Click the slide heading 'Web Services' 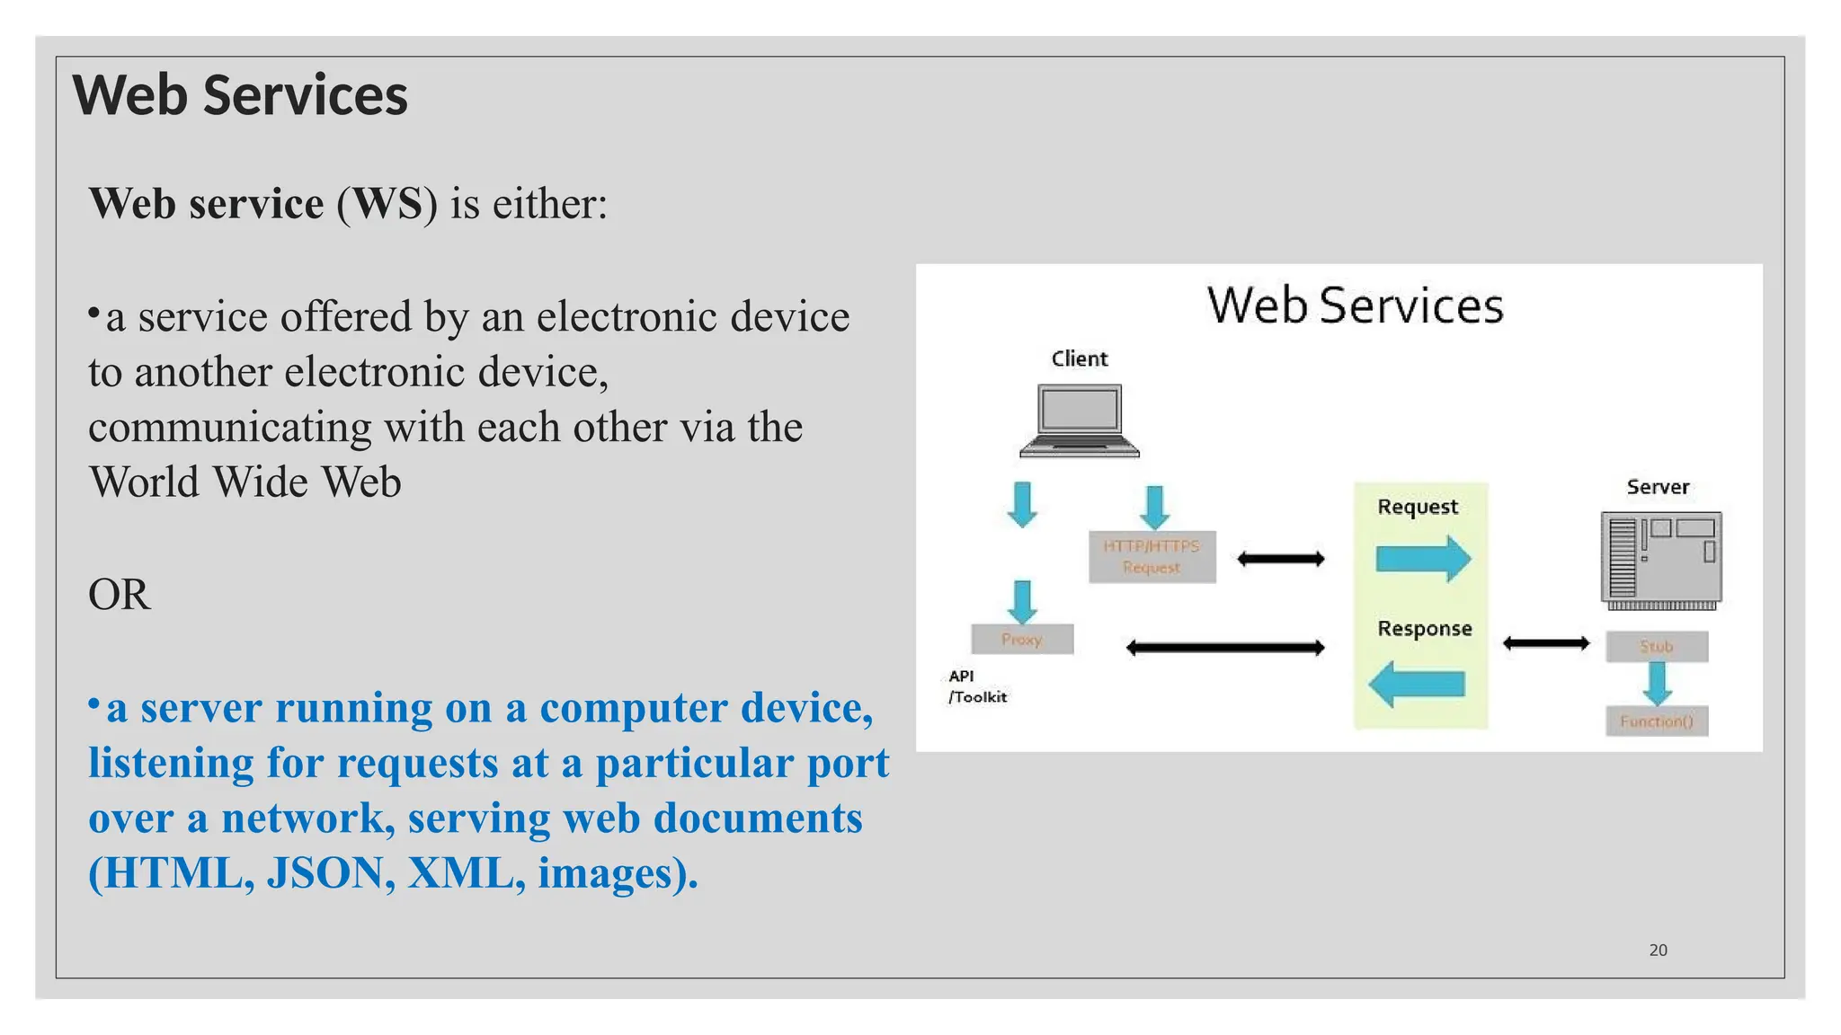point(240,95)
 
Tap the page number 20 point(1658,950)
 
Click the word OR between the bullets point(120,595)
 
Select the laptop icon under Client point(1080,420)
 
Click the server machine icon point(1661,561)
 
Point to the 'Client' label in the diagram point(1080,358)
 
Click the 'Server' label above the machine point(1658,487)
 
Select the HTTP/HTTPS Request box point(1152,557)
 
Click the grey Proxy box point(1022,640)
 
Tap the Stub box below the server point(1657,646)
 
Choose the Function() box point(1657,721)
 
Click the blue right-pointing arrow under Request point(1423,559)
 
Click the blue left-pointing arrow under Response point(1418,685)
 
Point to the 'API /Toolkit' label point(976,686)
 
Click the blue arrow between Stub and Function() point(1657,684)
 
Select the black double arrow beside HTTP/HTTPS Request point(1280,559)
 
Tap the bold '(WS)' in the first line point(387,204)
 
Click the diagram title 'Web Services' point(1355,305)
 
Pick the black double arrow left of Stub point(1546,643)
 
